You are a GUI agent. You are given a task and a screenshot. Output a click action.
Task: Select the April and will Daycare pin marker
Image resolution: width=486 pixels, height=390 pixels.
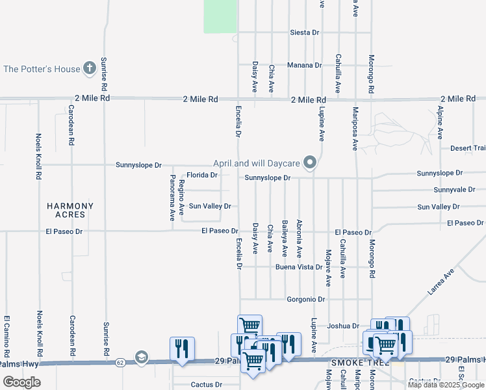[311, 162]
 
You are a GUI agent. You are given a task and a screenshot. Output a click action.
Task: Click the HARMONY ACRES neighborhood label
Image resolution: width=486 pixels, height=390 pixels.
[70, 210]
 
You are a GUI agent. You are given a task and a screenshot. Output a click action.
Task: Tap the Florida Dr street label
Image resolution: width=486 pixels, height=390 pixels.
[202, 175]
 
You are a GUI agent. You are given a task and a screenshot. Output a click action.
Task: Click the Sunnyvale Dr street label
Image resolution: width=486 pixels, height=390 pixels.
[440, 190]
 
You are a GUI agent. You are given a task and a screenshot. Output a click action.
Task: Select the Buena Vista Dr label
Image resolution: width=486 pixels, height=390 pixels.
[299, 267]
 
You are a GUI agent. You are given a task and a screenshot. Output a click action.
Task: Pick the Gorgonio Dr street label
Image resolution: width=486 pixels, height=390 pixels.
[305, 300]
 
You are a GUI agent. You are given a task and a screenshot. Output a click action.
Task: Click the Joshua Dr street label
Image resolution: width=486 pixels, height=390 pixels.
[343, 326]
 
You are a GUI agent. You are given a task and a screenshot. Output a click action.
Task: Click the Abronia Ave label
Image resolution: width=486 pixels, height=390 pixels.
[299, 239]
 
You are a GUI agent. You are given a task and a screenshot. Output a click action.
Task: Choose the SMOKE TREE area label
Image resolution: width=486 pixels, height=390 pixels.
[355, 362]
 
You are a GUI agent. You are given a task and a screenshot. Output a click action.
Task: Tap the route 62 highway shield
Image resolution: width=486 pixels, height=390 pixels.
[120, 361]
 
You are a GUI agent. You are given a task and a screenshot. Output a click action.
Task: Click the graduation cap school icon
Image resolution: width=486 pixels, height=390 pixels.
[142, 357]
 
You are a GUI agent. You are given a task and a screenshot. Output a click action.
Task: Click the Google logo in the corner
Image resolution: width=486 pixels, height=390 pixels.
[21, 382]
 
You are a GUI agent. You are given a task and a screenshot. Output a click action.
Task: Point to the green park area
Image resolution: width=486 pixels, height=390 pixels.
[220, 16]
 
